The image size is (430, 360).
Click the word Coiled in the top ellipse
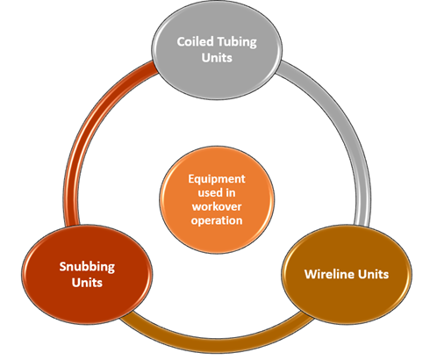(195, 41)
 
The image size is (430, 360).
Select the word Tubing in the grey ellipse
(237, 42)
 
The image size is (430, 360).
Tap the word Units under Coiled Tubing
(217, 58)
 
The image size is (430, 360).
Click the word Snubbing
(87, 267)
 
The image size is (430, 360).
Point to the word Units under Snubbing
(87, 283)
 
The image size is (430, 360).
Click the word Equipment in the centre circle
(217, 179)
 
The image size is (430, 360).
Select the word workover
(217, 206)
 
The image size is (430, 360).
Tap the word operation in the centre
(217, 220)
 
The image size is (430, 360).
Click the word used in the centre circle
(209, 192)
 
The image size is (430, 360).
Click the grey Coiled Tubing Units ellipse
(217, 50)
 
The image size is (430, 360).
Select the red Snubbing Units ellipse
(87, 275)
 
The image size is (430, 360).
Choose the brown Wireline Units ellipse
(347, 275)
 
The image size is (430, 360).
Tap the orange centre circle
(217, 200)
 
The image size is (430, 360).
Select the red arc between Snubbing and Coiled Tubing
(88, 123)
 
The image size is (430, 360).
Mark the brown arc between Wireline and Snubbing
(217, 343)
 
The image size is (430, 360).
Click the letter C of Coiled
(181, 41)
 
